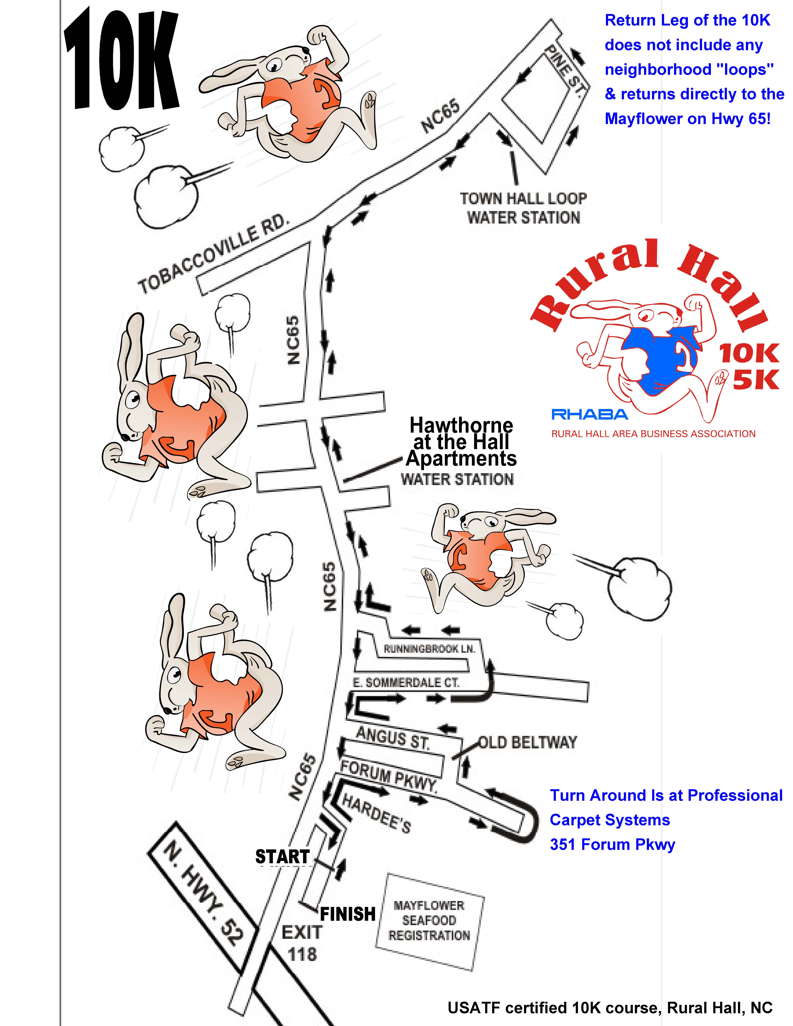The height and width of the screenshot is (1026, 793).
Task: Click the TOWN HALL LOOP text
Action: (x=523, y=199)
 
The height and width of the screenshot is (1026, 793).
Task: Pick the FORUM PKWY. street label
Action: (x=389, y=777)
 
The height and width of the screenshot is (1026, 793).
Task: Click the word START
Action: (x=282, y=856)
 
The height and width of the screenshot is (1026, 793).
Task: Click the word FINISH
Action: (x=348, y=914)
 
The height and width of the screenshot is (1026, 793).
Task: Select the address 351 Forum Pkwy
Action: (x=612, y=844)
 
